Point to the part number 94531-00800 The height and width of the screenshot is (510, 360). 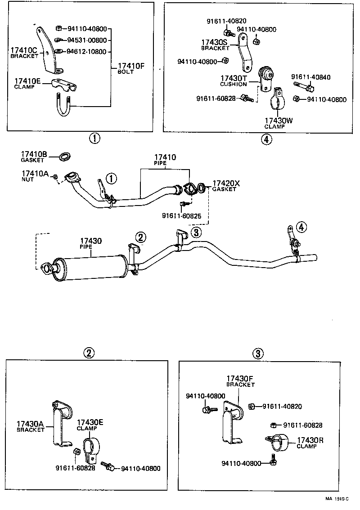(86, 40)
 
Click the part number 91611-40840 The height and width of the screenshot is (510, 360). (310, 77)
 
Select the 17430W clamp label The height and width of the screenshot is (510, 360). (279, 123)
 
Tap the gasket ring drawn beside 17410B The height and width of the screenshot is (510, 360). (65, 157)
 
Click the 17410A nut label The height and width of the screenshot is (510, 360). (35, 175)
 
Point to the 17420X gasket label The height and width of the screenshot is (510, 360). (226, 186)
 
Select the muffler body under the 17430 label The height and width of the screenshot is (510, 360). (90, 268)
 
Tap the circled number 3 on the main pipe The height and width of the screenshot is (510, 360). (196, 233)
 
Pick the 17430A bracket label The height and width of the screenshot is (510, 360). (31, 426)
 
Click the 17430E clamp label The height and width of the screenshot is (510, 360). (90, 425)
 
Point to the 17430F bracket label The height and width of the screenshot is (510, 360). (240, 381)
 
